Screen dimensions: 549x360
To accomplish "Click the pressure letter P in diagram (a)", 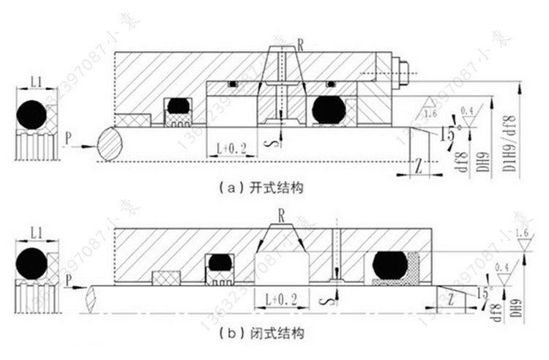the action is (67, 136).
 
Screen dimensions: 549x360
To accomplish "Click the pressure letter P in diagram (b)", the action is (67, 280).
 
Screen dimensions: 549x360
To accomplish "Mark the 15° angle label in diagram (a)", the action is (446, 136).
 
